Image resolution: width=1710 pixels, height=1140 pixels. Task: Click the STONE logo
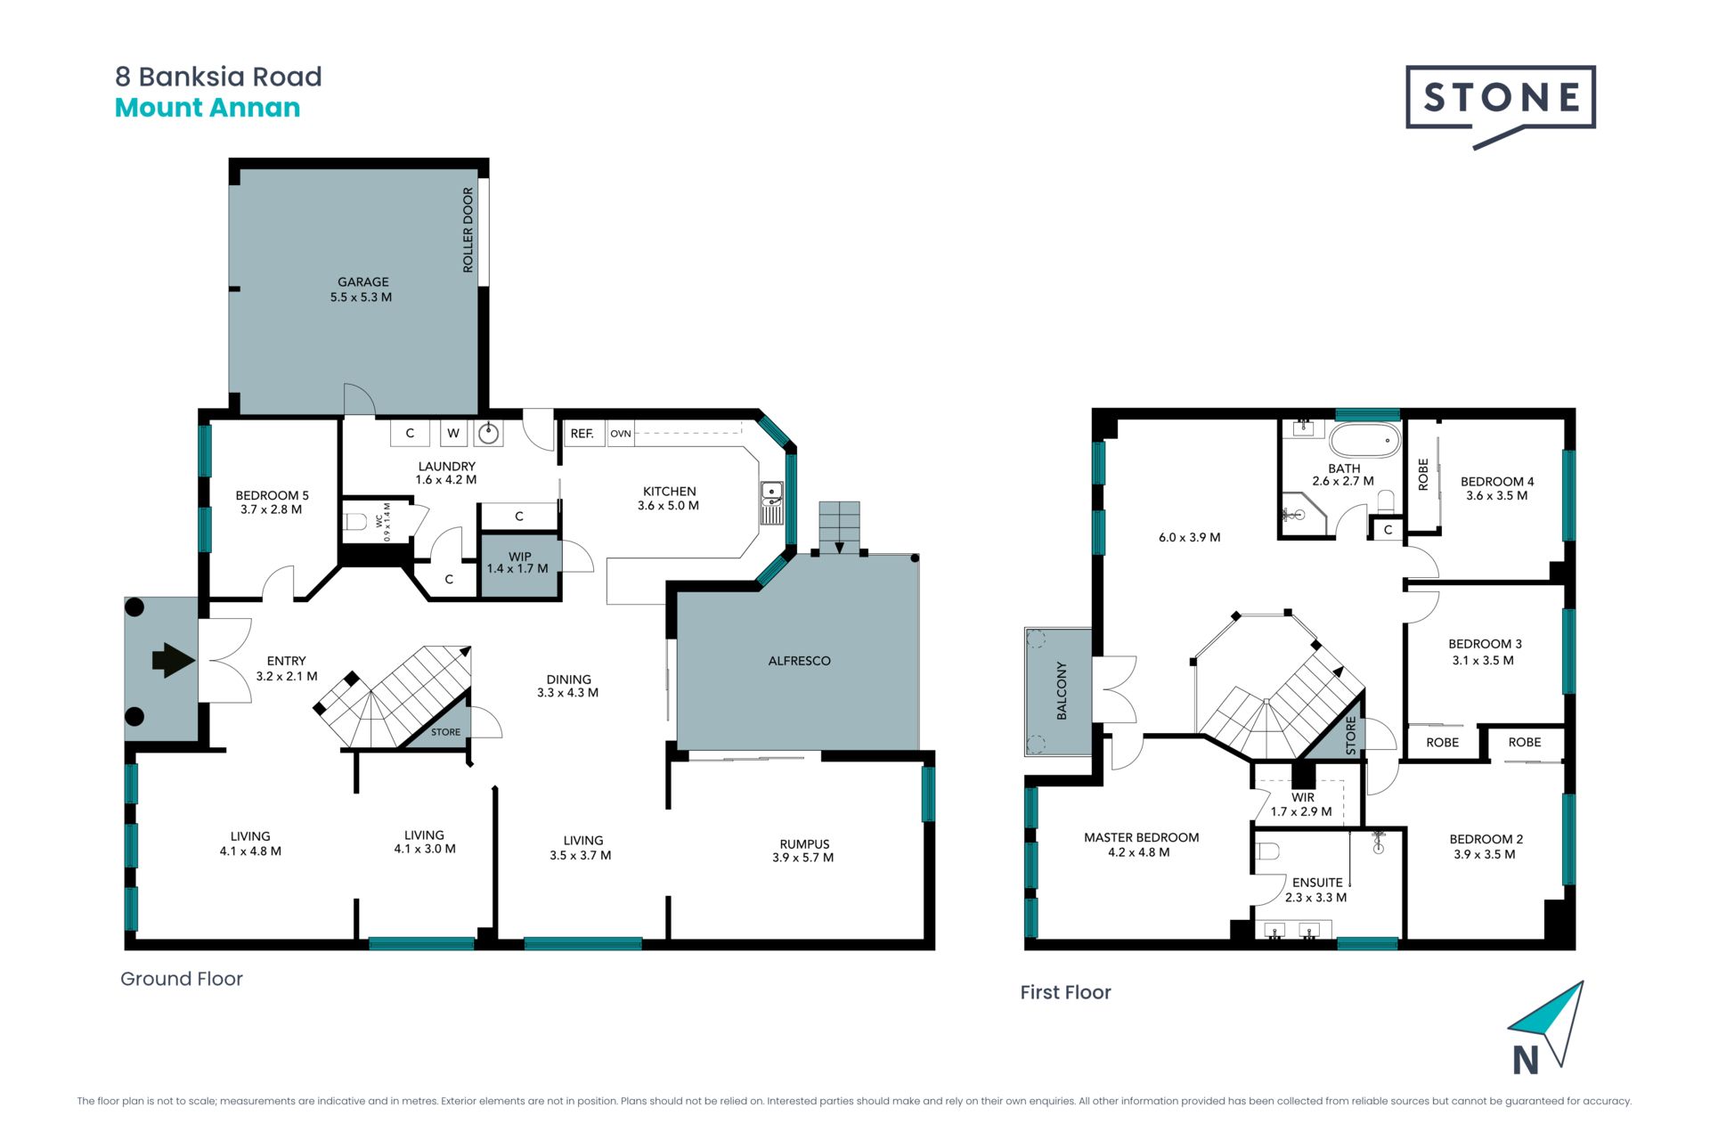[x=1500, y=105]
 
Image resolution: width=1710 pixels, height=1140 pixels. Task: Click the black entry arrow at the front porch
[x=174, y=661]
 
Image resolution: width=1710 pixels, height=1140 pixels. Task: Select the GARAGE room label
[x=362, y=281]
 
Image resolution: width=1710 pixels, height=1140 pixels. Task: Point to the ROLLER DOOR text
[x=468, y=230]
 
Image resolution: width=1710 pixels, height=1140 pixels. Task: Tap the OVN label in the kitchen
[x=621, y=434]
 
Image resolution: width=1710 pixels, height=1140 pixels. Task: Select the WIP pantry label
[x=519, y=556]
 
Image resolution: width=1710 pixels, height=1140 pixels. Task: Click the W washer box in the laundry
[x=453, y=433]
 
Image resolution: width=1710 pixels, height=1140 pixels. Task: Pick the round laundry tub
[x=488, y=434]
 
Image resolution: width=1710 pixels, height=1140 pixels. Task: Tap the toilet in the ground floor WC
[x=355, y=521]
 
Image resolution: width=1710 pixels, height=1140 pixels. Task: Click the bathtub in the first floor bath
[x=1364, y=441]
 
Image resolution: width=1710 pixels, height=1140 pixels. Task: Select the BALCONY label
[x=1061, y=690]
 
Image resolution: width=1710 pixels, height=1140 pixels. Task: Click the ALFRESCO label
[x=799, y=661]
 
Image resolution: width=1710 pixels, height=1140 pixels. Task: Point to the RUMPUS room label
[x=804, y=843]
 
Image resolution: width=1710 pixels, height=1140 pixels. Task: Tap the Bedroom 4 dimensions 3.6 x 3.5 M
[x=1496, y=496]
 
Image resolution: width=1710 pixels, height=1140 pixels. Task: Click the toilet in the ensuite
[x=1266, y=852]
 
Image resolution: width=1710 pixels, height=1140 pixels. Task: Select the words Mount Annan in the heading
[x=208, y=108]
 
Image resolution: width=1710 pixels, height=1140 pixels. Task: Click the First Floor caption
[x=1065, y=992]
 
